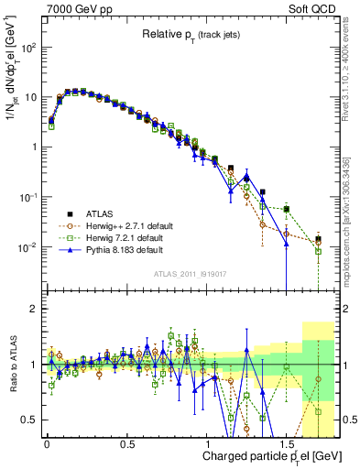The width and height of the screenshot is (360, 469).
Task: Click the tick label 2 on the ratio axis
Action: (35, 309)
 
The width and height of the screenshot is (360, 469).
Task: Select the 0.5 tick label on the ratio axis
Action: (31, 420)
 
